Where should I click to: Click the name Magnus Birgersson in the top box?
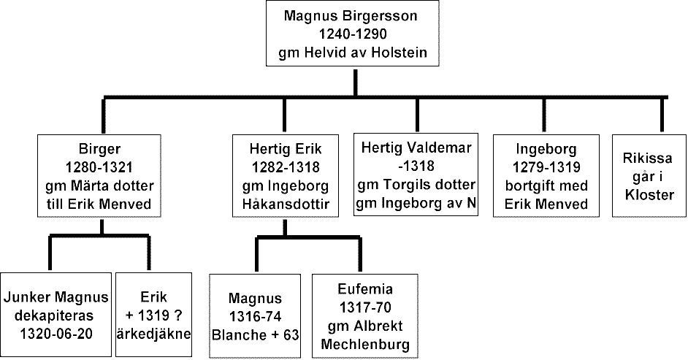(351, 17)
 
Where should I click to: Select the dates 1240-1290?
(353, 34)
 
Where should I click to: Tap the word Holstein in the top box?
(400, 53)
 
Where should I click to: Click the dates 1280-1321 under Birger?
(99, 167)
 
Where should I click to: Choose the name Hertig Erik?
(285, 149)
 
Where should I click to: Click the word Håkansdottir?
(285, 204)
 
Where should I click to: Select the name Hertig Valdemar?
(416, 148)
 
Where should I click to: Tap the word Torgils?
(408, 185)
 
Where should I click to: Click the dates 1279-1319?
(546, 167)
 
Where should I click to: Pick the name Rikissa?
(648, 158)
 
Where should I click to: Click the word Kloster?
(649, 194)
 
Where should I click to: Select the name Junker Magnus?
(56, 297)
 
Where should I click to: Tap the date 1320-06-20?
(56, 334)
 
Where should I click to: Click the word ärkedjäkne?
(153, 334)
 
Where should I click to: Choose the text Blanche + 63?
(256, 335)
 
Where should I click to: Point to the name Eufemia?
(365, 289)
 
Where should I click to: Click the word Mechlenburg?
(365, 345)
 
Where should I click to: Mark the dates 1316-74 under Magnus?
(256, 317)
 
